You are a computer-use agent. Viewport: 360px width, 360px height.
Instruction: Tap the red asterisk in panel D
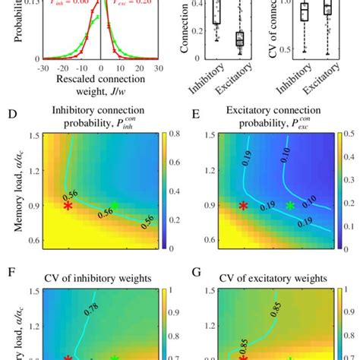[68, 206]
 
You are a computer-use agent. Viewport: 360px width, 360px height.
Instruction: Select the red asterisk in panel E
[244, 206]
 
